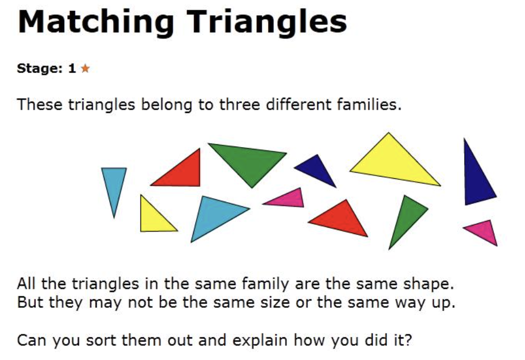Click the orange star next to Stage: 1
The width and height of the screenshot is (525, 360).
(x=85, y=68)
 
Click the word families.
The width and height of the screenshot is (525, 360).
(x=369, y=104)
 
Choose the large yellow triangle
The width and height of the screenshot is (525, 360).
(x=393, y=162)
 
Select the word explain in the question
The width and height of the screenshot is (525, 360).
(x=260, y=341)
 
